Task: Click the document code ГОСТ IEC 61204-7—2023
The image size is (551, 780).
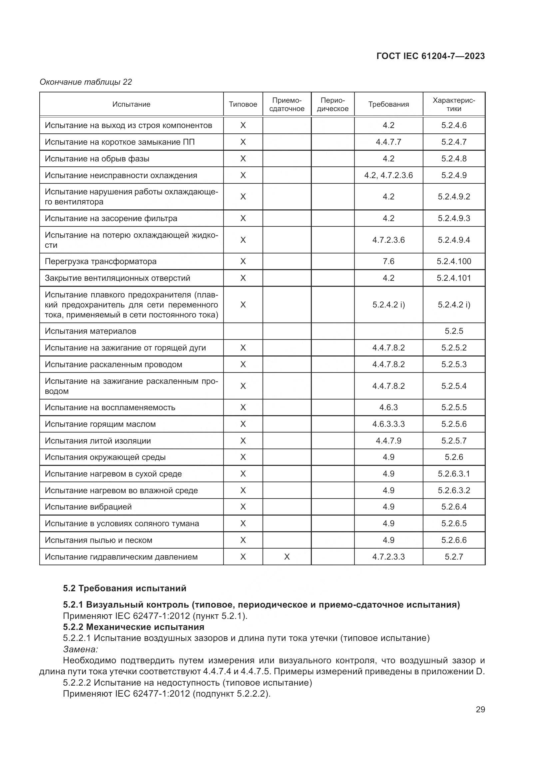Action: tap(430, 56)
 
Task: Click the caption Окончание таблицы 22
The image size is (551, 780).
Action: tap(86, 82)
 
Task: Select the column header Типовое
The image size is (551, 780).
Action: tap(243, 104)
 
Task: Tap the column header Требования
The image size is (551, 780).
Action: tap(388, 104)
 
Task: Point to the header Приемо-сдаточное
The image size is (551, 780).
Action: tap(287, 104)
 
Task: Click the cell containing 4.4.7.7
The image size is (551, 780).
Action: tap(388, 142)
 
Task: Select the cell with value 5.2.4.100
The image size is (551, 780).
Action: tap(454, 261)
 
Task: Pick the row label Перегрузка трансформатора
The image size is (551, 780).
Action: tap(100, 261)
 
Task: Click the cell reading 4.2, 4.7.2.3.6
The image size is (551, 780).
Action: tap(388, 175)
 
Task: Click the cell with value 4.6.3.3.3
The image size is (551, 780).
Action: tap(388, 424)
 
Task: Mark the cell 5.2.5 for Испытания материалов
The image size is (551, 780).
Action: tap(454, 331)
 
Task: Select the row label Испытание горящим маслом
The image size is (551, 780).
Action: tap(100, 424)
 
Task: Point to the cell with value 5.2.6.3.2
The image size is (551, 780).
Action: tap(454, 490)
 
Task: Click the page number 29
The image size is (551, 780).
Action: tap(480, 709)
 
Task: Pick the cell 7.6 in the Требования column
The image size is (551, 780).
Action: tap(388, 261)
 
